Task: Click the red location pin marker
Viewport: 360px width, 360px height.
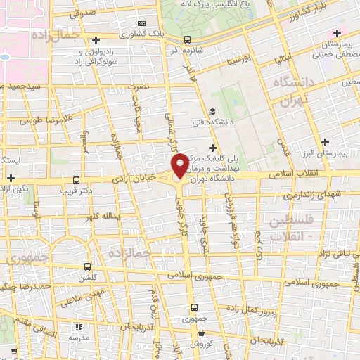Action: pyautogui.click(x=180, y=165)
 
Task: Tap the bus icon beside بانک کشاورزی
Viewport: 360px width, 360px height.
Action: pyautogui.click(x=96, y=39)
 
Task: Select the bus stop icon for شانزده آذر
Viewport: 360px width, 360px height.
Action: pyautogui.click(x=186, y=40)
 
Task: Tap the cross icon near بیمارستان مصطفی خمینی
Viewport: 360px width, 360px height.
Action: pyautogui.click(x=338, y=34)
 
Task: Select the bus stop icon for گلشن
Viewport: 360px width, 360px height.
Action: pyautogui.click(x=87, y=266)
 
